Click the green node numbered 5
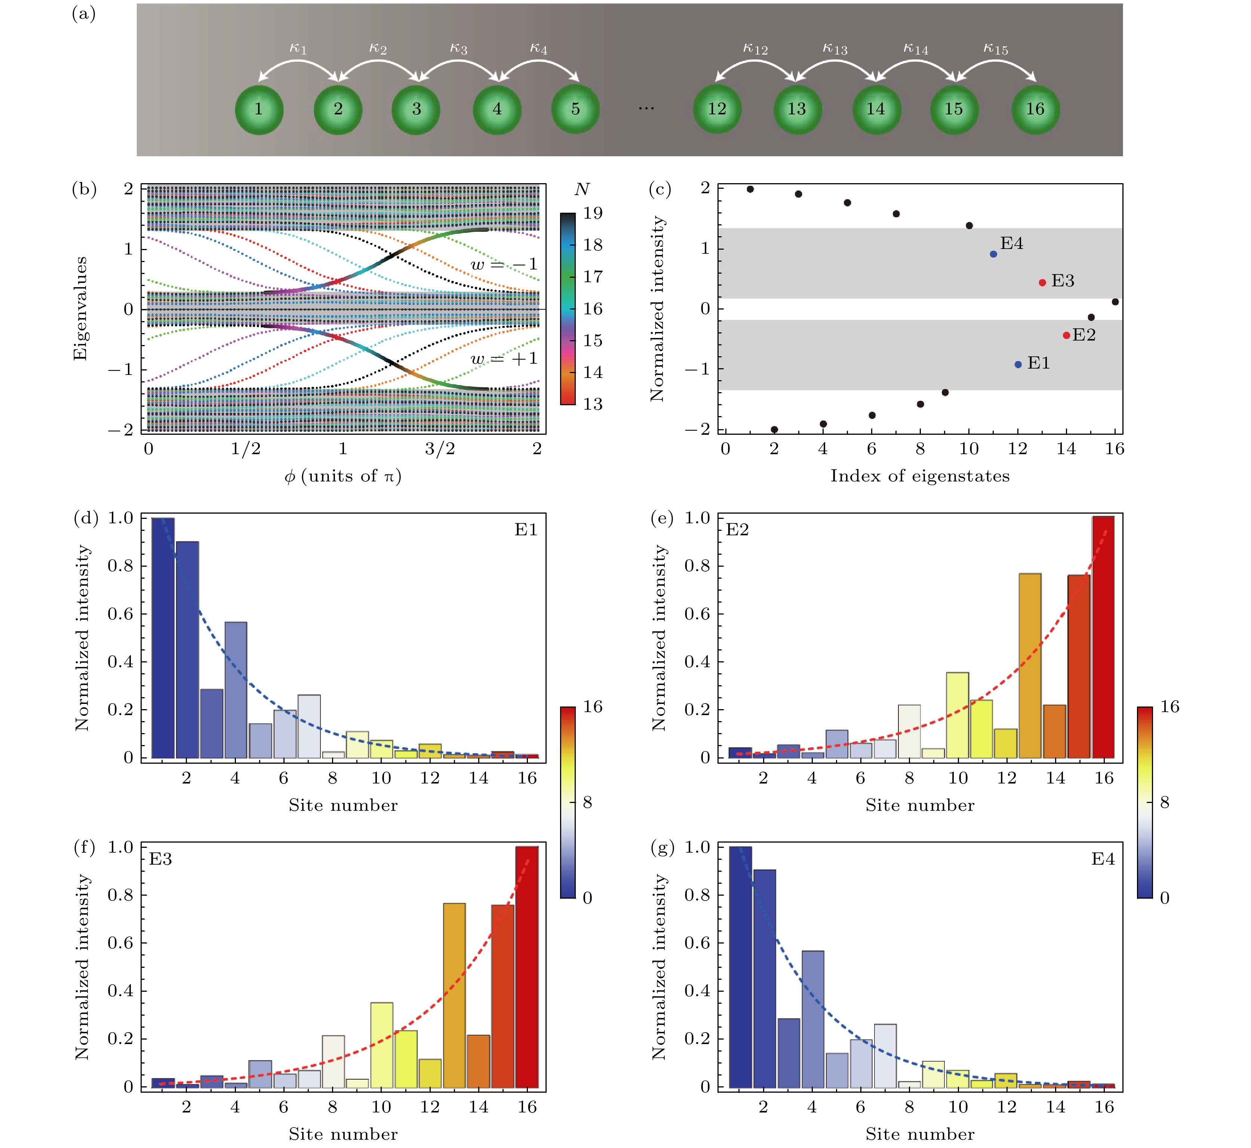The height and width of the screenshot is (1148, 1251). click(575, 109)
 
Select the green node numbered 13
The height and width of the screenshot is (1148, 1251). click(797, 109)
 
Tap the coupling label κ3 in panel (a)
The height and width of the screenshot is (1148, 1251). click(458, 49)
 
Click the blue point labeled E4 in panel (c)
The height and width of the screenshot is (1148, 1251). click(993, 254)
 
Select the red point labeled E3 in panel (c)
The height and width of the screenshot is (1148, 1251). click(1042, 283)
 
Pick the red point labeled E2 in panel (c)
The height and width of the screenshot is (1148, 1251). click(1067, 335)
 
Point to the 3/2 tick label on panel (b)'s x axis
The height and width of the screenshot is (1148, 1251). click(440, 449)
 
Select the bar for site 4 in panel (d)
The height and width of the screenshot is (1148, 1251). click(236, 690)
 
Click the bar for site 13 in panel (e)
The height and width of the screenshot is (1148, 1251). click(1030, 665)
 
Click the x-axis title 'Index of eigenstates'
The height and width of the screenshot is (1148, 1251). click(920, 476)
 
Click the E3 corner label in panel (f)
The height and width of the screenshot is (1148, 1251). click(161, 859)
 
